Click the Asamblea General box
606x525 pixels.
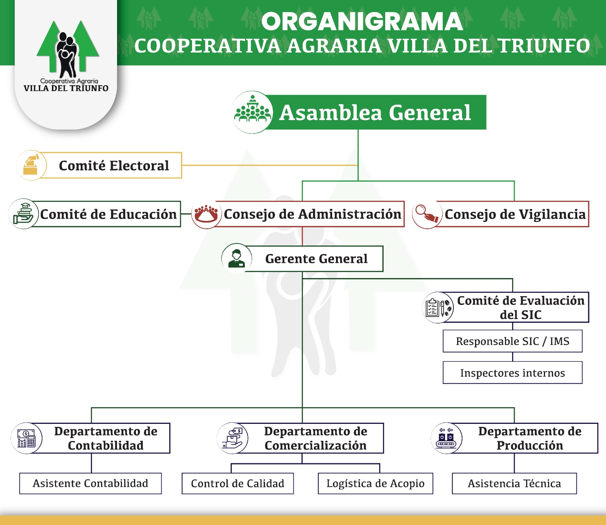pyautogui.click(x=375, y=112)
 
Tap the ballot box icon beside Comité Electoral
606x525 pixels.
pyautogui.click(x=31, y=165)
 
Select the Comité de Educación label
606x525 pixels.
pyautogui.click(x=108, y=214)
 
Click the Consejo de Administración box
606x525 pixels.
pyautogui.click(x=312, y=214)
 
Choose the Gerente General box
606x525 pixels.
pyautogui.click(x=316, y=259)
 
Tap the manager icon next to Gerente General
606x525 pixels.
pyautogui.click(x=237, y=258)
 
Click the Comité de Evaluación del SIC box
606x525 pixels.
pyautogui.click(x=520, y=307)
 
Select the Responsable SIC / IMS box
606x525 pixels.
pyautogui.click(x=512, y=341)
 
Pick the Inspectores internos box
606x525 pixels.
pyautogui.click(x=512, y=373)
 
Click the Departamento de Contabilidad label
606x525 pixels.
pyautogui.click(x=106, y=438)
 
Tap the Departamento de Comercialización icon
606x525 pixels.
pyautogui.click(x=233, y=438)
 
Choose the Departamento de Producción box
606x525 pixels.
pyautogui.click(x=529, y=438)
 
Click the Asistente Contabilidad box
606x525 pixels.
pyautogui.click(x=91, y=484)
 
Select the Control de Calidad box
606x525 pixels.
pyautogui.click(x=237, y=484)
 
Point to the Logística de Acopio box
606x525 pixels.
pyautogui.click(x=375, y=484)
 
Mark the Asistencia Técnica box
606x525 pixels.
pyautogui.click(x=514, y=484)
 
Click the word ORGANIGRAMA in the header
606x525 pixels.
pyautogui.click(x=362, y=21)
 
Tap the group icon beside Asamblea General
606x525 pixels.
pyautogui.click(x=252, y=112)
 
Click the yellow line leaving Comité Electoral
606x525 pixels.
pyautogui.click(x=269, y=166)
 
